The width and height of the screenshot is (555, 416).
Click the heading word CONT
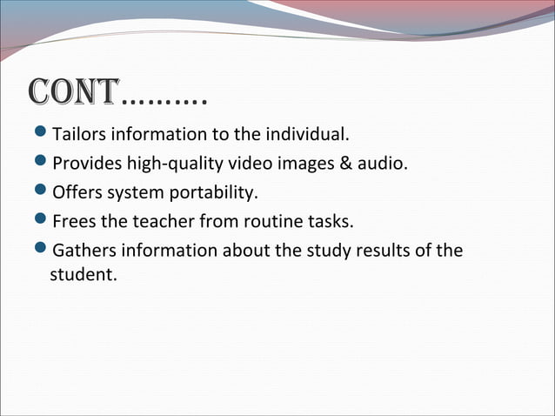tap(74, 93)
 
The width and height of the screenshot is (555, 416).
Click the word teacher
tap(163, 220)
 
